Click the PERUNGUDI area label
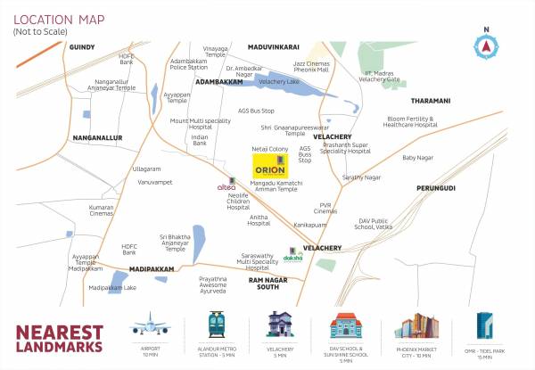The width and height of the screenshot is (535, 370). (435, 188)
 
